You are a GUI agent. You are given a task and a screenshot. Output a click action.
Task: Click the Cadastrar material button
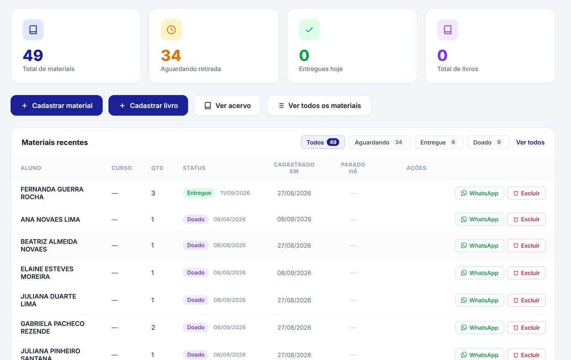[x=57, y=105]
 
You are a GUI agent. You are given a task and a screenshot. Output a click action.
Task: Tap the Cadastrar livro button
[x=148, y=105]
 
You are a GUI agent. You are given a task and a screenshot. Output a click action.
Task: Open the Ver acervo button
[x=228, y=105]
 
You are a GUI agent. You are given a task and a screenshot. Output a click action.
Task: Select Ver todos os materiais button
[x=319, y=105]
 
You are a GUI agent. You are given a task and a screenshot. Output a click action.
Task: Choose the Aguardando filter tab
[x=380, y=142]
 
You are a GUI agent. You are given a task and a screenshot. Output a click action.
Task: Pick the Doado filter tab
[x=488, y=142]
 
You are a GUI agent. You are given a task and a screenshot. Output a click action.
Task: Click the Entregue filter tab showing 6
[x=439, y=142]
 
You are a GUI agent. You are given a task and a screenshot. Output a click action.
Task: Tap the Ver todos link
[x=530, y=142]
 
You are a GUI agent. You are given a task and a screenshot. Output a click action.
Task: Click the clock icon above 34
[x=171, y=30]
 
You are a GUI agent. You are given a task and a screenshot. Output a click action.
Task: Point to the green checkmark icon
[x=310, y=30]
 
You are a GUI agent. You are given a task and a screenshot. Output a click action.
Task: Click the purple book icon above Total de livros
[x=448, y=30]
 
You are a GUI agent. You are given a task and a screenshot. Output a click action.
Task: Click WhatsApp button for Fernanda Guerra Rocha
[x=480, y=193]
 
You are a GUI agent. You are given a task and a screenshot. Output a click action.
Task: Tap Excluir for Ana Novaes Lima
[x=526, y=219]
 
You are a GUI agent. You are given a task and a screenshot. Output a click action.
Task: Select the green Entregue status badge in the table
[x=199, y=193]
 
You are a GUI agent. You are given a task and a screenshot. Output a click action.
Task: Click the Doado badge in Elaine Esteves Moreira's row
[x=196, y=273]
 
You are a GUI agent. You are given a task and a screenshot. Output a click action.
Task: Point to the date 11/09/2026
[x=235, y=193]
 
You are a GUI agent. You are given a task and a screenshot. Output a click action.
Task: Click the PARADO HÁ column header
[x=353, y=168]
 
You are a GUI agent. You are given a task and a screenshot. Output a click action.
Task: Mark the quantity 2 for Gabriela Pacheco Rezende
[x=153, y=327]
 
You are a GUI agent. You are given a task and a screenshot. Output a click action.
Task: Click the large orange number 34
[x=171, y=56]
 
